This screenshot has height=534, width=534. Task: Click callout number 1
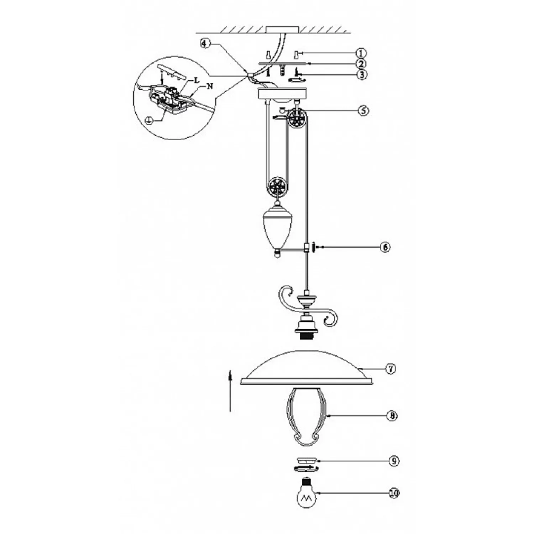(x=361, y=53)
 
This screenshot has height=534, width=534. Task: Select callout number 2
(x=361, y=64)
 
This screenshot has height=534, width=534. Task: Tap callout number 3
(x=361, y=75)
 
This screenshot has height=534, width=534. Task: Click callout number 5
(x=363, y=110)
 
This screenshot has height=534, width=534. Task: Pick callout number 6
(x=385, y=247)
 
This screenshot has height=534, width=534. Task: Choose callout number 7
(x=391, y=369)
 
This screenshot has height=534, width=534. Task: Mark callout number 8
(x=392, y=416)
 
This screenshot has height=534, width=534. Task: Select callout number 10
(x=394, y=493)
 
